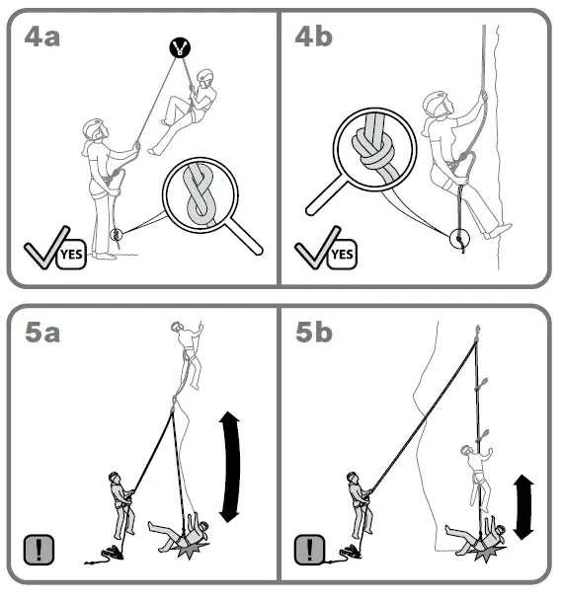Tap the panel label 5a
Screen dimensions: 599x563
click(42, 333)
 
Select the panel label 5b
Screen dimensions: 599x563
click(315, 333)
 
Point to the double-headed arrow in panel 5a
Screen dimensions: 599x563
click(231, 468)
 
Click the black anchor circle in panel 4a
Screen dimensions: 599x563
click(179, 46)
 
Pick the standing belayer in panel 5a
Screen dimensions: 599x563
click(122, 503)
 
